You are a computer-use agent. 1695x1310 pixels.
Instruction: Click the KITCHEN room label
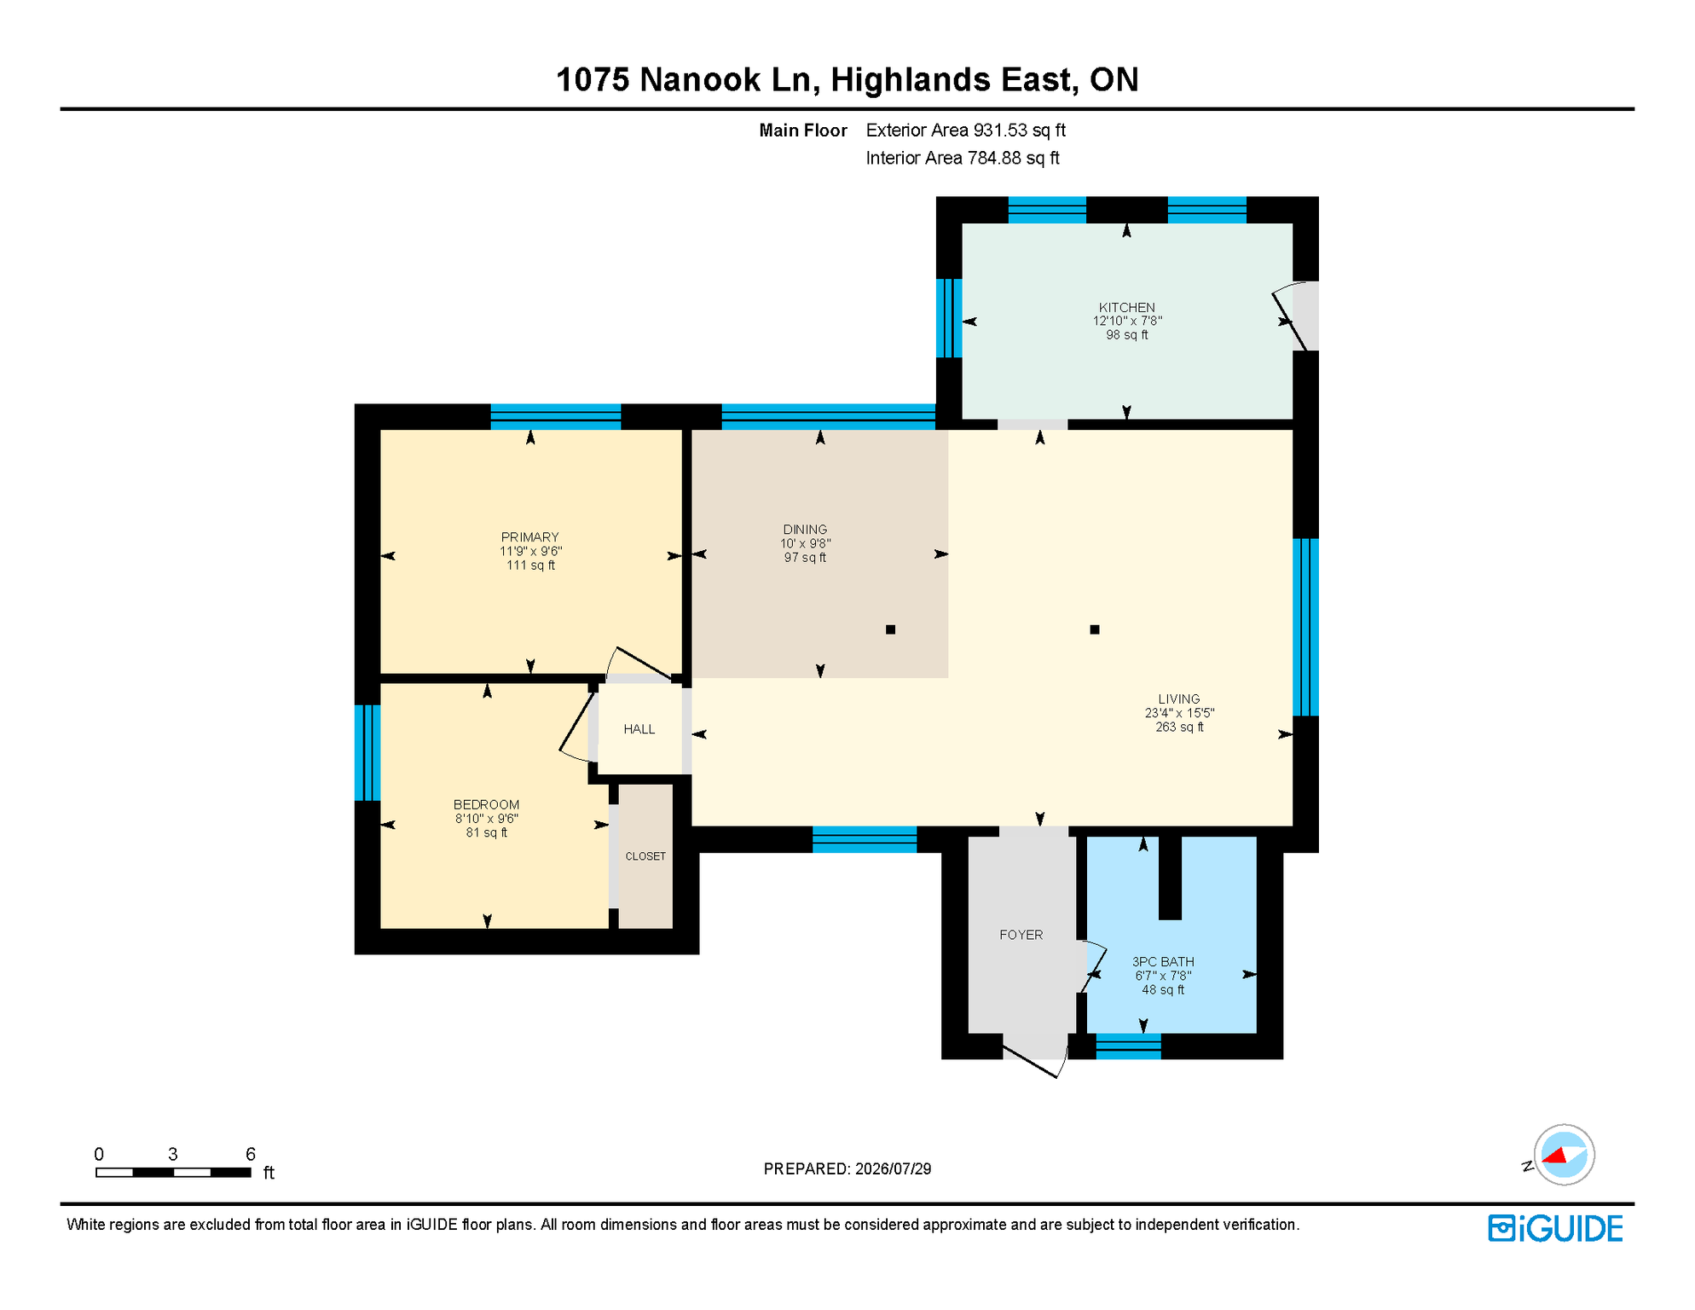pos(1126,307)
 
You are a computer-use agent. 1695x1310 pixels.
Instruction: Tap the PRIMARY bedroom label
pos(529,536)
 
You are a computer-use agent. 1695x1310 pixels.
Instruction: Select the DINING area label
pos(805,529)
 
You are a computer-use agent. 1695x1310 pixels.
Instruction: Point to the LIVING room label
pos(1179,698)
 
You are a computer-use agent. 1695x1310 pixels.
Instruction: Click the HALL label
pos(639,729)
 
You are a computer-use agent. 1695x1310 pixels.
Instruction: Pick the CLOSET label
pos(645,856)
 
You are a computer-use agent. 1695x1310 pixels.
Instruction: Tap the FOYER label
pos(1021,935)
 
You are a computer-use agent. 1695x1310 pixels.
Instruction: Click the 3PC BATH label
pos(1163,962)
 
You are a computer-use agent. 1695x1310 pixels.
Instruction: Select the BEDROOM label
pos(486,804)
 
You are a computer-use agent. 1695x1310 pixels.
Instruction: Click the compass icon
pos(1564,1155)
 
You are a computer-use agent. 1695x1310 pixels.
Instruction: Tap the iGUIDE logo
pos(1555,1228)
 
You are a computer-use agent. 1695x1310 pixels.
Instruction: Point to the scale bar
pos(173,1173)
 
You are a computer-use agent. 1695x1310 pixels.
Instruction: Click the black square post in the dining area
pos(890,629)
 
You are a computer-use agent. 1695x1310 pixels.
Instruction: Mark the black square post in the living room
pos(1095,629)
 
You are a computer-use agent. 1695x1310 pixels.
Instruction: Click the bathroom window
pos(1128,1046)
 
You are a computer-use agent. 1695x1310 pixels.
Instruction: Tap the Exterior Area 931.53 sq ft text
pos(965,130)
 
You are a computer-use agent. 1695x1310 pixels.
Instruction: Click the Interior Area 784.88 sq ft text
pos(963,158)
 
